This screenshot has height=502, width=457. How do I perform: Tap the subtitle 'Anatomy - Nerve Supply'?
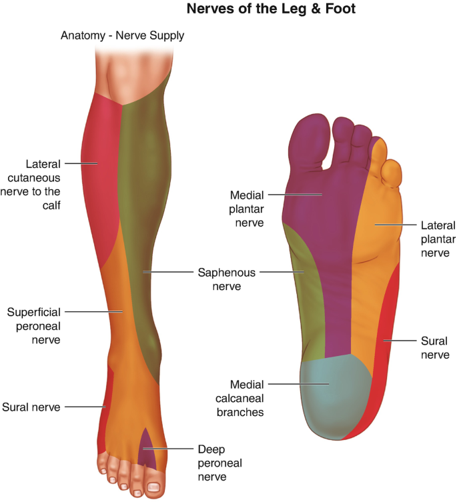(122, 35)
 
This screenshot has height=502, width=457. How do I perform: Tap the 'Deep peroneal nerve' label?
(219, 463)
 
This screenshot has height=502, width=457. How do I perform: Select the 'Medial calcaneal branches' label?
(246, 398)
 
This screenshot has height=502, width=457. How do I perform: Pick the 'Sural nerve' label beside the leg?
(31, 407)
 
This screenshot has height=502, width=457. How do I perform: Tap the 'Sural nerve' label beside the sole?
(435, 347)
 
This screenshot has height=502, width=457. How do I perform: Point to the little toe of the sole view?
(394, 173)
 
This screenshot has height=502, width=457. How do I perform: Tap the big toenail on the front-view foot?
(153, 487)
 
